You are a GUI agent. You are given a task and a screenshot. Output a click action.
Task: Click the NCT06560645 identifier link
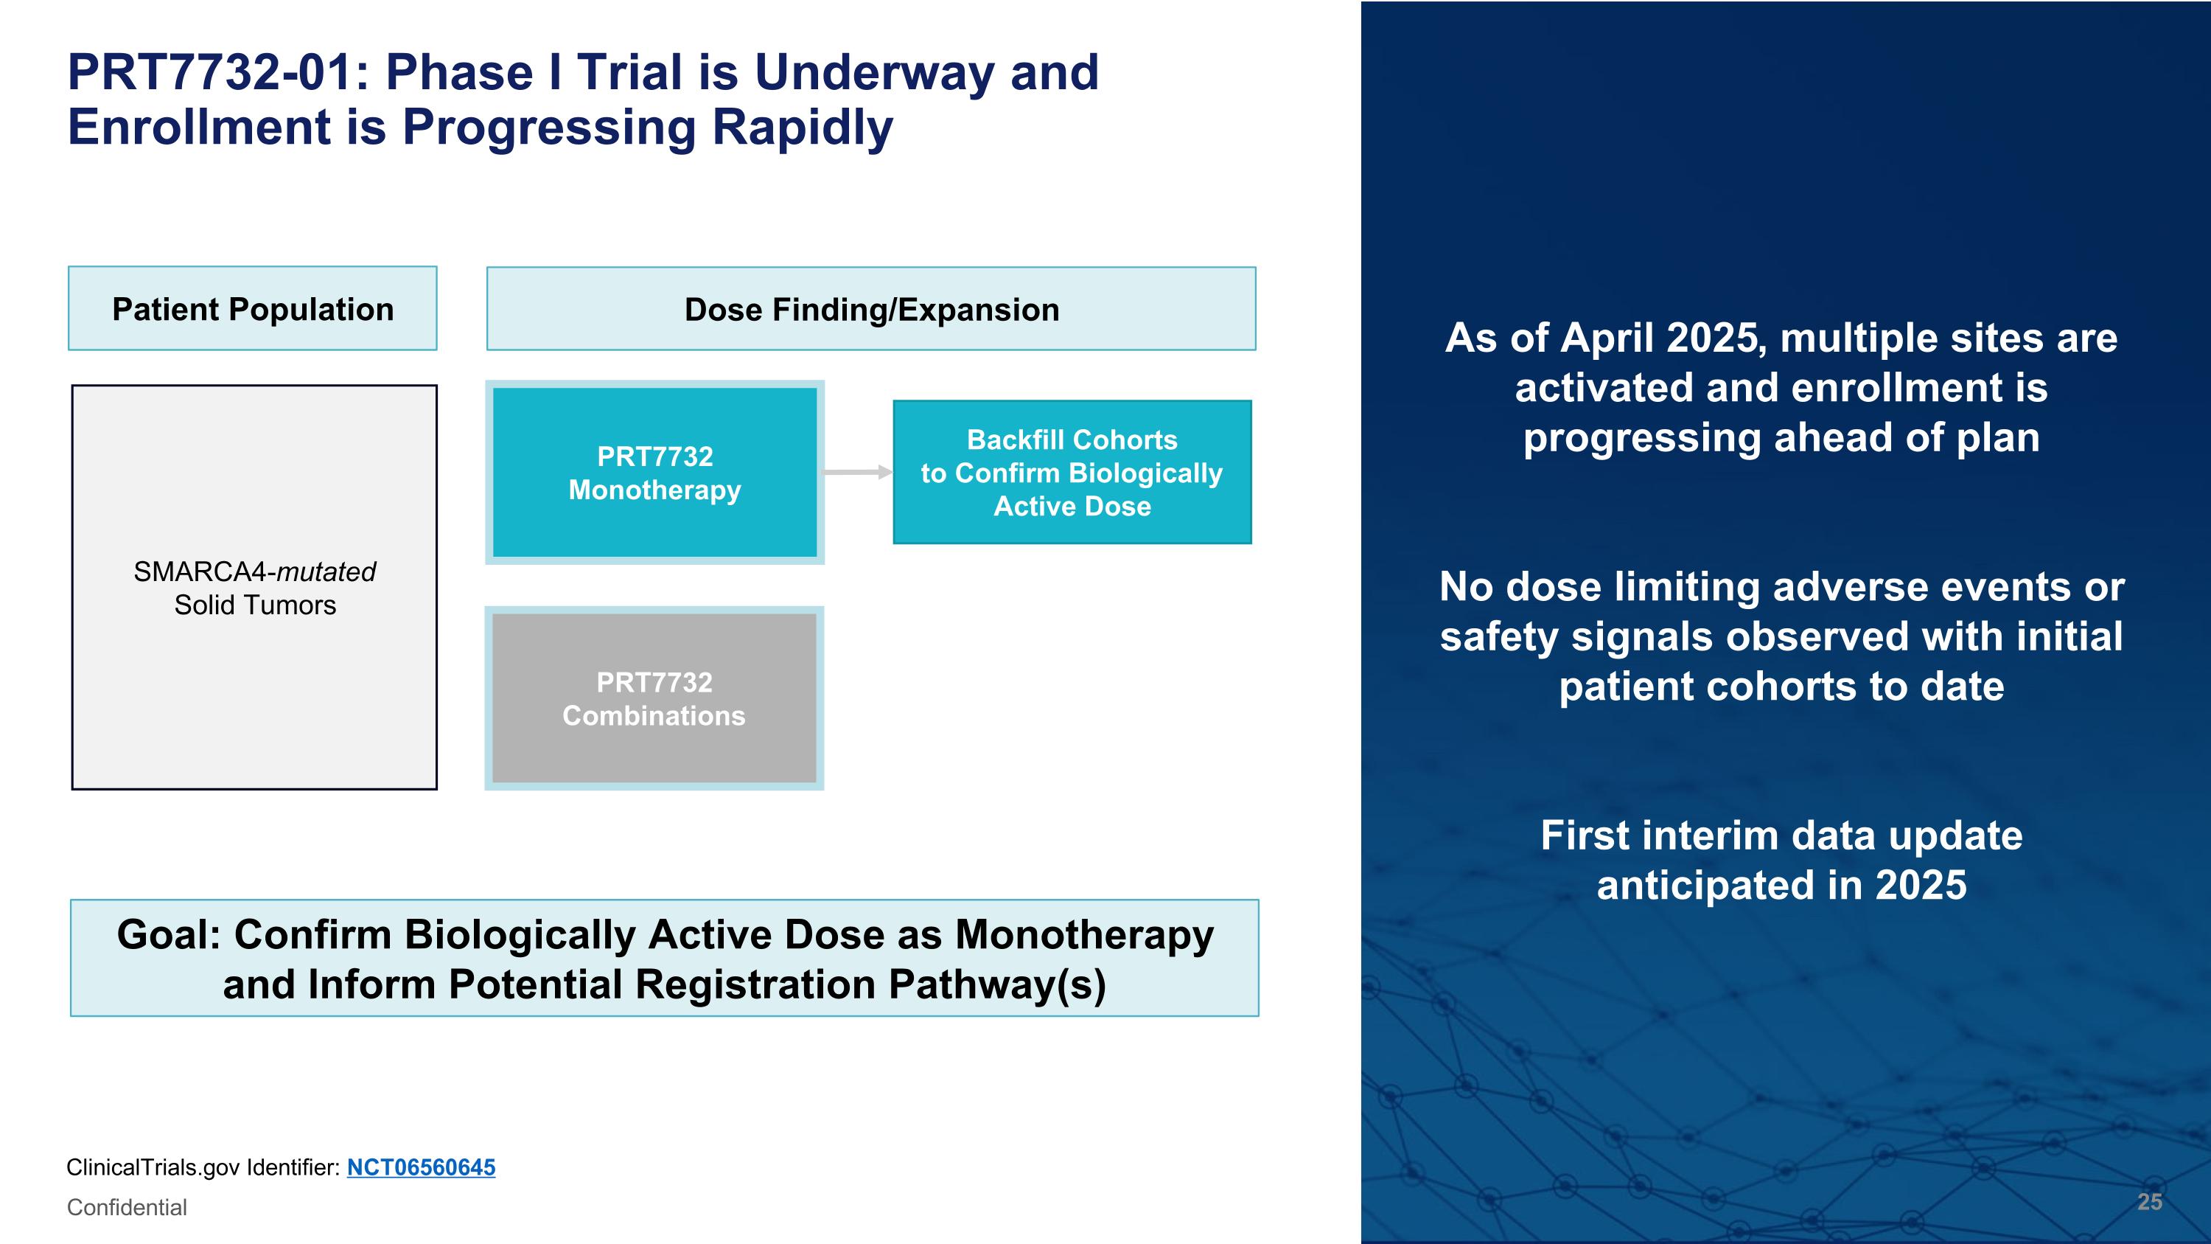421,1167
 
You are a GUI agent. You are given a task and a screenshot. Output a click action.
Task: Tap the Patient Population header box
252,309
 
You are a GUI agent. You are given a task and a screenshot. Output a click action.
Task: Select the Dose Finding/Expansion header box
871,309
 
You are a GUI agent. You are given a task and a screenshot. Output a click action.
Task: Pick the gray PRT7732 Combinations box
654,698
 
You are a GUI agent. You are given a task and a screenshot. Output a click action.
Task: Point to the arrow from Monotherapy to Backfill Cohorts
856,472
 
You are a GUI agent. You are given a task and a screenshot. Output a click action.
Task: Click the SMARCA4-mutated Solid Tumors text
254,588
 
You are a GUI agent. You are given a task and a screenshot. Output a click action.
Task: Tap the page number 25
2149,1202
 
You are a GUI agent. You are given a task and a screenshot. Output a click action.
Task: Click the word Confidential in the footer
127,1208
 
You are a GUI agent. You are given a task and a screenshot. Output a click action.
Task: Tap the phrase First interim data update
1781,836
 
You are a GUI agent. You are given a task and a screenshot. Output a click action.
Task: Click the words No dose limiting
1602,587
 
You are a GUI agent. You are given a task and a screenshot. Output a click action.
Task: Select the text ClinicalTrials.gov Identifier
203,1167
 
